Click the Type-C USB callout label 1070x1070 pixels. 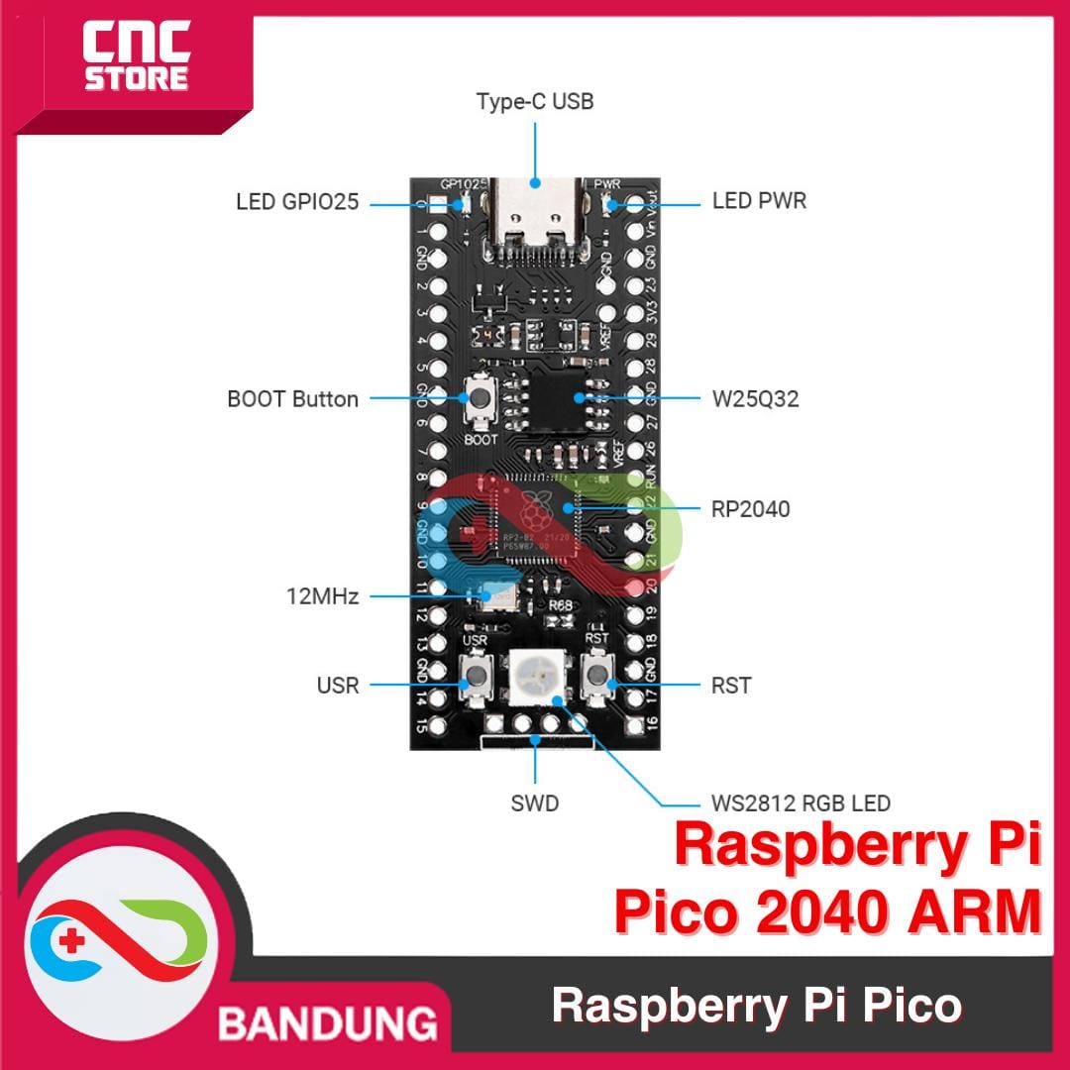[x=534, y=101]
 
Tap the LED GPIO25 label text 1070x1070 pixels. [x=296, y=202]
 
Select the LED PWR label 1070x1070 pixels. [x=759, y=201]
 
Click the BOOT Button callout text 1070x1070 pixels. [x=292, y=399]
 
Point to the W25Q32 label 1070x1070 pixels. [x=755, y=399]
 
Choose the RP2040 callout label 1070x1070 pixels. [x=750, y=509]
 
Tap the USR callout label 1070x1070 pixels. [x=338, y=685]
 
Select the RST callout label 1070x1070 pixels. [x=730, y=685]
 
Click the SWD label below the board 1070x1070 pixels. [x=535, y=802]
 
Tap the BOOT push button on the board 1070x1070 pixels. [x=481, y=400]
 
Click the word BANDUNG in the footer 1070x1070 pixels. [x=327, y=1022]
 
